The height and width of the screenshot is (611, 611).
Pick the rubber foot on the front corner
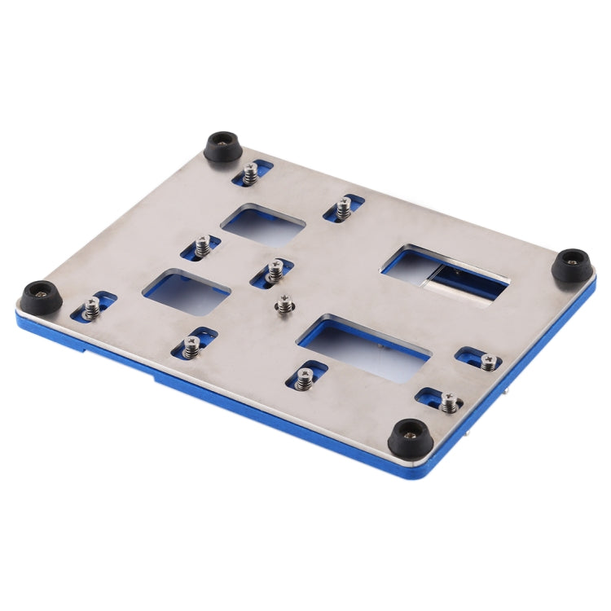point(407,438)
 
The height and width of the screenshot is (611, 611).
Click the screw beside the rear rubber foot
point(250,173)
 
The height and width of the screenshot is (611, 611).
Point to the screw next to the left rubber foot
point(92,307)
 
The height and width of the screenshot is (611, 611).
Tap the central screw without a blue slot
point(284,305)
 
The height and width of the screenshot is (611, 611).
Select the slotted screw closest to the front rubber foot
point(449,401)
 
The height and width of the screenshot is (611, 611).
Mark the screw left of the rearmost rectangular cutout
point(202,246)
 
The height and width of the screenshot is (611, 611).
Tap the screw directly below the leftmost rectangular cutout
point(191,347)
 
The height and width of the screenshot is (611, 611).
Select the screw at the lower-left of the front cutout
point(305,378)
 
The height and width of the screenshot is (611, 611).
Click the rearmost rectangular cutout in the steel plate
point(263,225)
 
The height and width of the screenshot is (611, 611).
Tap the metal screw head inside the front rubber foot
point(408,433)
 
